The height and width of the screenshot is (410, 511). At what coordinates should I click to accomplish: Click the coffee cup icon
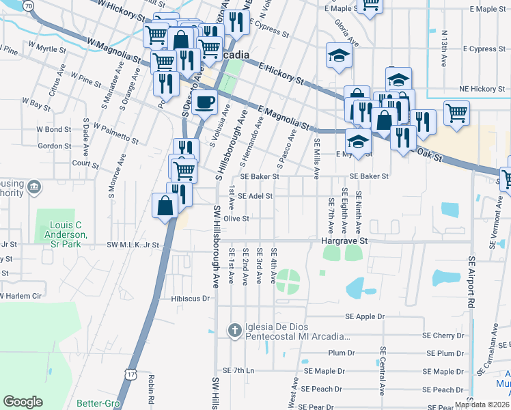[205, 104]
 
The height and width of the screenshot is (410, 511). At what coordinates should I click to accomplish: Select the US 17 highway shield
[131, 374]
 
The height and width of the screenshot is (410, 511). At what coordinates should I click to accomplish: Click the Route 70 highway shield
[28, 5]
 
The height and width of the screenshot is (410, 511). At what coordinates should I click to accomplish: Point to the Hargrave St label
[344, 241]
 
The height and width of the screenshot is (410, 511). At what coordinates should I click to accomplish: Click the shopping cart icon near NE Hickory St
[456, 112]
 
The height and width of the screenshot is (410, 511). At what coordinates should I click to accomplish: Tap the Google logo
[23, 401]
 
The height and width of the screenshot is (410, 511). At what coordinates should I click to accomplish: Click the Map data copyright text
[482, 405]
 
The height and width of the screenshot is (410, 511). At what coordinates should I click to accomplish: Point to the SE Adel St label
[255, 196]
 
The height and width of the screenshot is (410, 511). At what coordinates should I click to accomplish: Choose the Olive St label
[236, 219]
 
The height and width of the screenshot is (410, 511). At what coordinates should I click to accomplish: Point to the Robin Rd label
[150, 392]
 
